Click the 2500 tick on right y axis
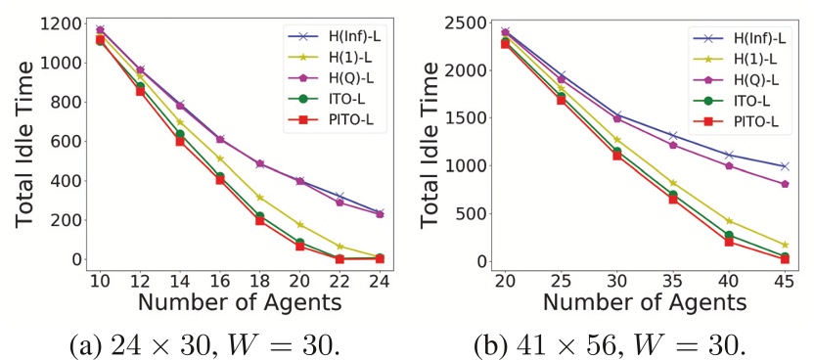click(468, 22)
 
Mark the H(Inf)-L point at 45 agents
click(785, 166)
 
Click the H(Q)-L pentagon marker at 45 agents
click(785, 184)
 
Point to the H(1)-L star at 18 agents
click(260, 198)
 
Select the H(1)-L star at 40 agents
click(729, 221)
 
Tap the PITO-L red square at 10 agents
click(99, 40)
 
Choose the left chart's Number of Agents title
click(239, 302)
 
